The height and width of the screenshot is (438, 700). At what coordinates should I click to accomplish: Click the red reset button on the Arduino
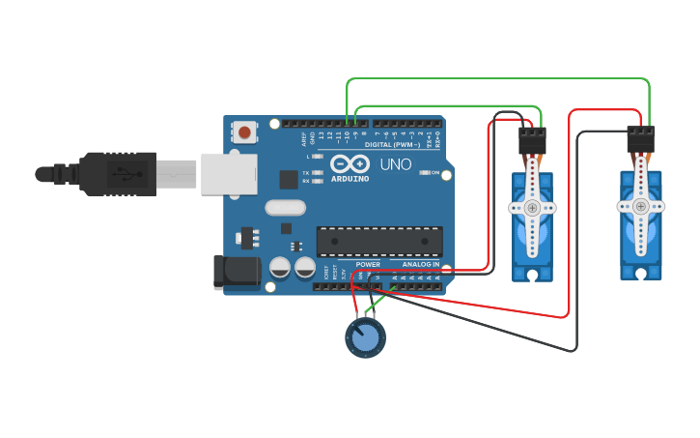(x=245, y=131)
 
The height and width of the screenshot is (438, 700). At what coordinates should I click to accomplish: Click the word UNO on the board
(x=395, y=164)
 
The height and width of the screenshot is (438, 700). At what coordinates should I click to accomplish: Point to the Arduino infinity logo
(x=350, y=163)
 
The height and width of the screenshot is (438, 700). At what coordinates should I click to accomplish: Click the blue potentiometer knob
(x=365, y=337)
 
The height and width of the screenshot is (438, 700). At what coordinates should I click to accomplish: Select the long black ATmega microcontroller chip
(x=379, y=241)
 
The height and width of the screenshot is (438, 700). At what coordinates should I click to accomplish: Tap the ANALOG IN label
(x=420, y=264)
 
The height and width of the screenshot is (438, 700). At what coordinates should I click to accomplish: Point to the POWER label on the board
(x=368, y=264)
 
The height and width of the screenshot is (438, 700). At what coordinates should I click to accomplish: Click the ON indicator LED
(x=424, y=173)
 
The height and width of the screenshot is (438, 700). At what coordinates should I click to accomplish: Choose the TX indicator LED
(x=317, y=173)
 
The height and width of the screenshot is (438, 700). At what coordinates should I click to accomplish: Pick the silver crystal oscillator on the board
(x=285, y=207)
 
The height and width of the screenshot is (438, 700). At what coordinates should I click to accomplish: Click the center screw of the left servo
(x=532, y=208)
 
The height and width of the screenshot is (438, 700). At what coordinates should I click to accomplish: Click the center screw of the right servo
(x=640, y=206)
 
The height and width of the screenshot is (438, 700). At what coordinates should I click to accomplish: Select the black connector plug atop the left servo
(x=532, y=141)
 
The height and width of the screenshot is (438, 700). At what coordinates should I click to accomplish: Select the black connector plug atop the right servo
(x=641, y=139)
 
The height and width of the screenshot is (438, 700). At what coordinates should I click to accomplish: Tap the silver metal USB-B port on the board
(x=229, y=174)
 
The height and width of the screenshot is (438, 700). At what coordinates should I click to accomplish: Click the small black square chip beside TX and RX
(x=289, y=179)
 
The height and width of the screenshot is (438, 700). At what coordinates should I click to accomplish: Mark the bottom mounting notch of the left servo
(x=532, y=276)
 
